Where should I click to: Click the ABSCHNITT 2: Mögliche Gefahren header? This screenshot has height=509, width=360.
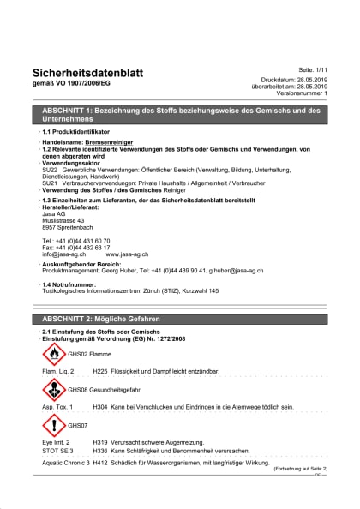coord(101,319)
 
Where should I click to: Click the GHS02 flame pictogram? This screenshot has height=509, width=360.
coord(53,353)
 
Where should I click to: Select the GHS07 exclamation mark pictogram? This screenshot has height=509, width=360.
coord(53,424)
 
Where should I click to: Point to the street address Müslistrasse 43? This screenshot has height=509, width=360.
coord(63,221)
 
